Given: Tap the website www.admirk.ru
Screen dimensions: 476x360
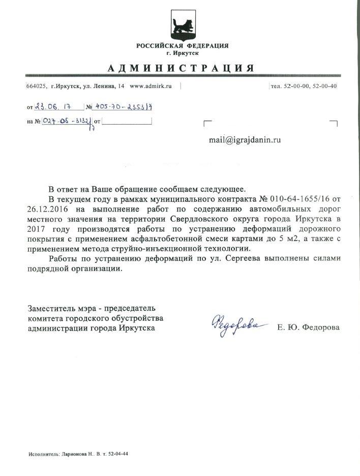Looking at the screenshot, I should (x=151, y=86).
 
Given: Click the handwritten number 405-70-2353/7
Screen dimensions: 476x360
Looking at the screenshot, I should (x=123, y=107).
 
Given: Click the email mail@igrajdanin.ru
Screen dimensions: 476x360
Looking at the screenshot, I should (x=245, y=139).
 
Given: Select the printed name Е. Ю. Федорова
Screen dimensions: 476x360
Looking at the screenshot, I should (x=309, y=328).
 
